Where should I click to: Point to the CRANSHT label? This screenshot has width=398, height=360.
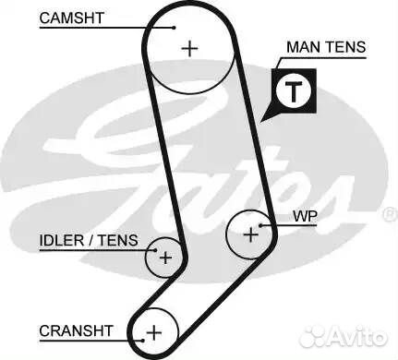tap(76, 329)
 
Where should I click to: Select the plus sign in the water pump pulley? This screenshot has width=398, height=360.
tap(250, 234)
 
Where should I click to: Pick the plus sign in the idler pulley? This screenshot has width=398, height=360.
tap(165, 258)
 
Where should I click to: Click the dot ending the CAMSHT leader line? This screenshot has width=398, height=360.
tap(175, 27)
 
